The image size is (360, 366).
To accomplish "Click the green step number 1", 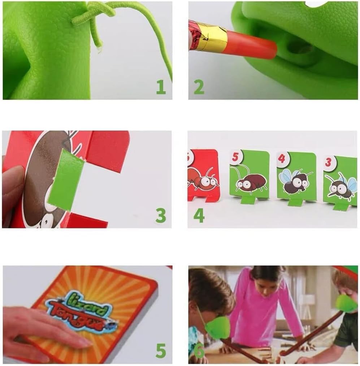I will click(x=161, y=87).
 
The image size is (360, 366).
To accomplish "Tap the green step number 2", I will click(x=199, y=87).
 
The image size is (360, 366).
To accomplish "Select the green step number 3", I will click(x=161, y=215).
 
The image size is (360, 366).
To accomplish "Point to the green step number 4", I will click(x=199, y=215).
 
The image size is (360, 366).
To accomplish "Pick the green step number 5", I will click(x=161, y=350).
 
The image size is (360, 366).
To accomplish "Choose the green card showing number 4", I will click(x=296, y=177).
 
